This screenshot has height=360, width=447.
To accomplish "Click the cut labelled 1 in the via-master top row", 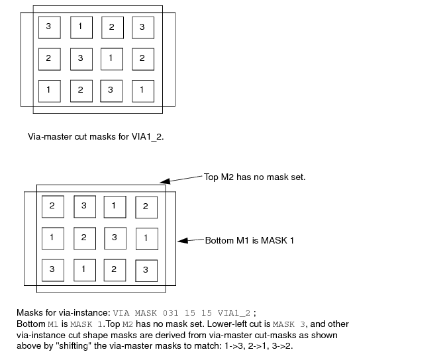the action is pyautogui.click(x=81, y=27).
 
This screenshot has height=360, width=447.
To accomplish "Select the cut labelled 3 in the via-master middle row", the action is pyautogui.click(x=81, y=60).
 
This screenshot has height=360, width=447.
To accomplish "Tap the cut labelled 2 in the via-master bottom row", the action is pyautogui.click(x=81, y=91).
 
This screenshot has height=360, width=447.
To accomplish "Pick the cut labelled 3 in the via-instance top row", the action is pyautogui.click(x=85, y=206).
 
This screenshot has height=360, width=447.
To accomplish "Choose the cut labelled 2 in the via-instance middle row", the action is pyautogui.click(x=85, y=238).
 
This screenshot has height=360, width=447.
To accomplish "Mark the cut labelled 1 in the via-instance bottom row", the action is pyautogui.click(x=85, y=270).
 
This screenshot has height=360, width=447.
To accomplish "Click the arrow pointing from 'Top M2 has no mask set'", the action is pyautogui.click(x=181, y=179).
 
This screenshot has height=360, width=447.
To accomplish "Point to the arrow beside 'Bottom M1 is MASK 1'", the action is pyautogui.click(x=191, y=240).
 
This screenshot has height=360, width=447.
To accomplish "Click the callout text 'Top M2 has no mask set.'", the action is pyautogui.click(x=254, y=177).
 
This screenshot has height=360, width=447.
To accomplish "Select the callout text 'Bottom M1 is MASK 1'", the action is pyautogui.click(x=250, y=241).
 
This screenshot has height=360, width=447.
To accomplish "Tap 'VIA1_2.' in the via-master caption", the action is pyautogui.click(x=148, y=137).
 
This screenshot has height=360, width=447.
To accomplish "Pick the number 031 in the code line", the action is pyautogui.click(x=170, y=313).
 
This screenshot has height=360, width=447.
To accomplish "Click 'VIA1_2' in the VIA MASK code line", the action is pyautogui.click(x=234, y=313).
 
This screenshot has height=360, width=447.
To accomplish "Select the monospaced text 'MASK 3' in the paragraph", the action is pyautogui.click(x=289, y=324).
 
